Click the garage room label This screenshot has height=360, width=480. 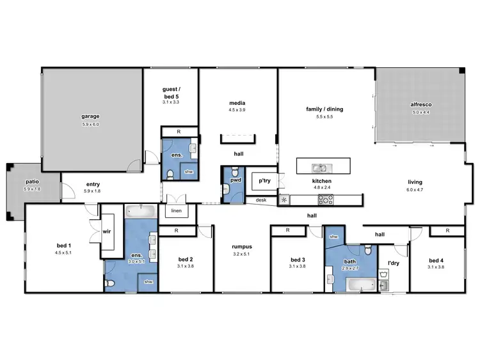[x=90, y=116]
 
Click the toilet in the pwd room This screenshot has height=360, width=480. [x=234, y=173]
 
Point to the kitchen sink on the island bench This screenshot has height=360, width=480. [x=318, y=168]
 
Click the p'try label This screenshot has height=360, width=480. [x=265, y=182]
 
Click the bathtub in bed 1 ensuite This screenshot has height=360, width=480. [x=140, y=210]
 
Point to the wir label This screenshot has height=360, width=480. [x=107, y=232]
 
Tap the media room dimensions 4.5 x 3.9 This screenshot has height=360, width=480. [x=237, y=110]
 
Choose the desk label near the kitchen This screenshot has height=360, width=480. [x=260, y=200]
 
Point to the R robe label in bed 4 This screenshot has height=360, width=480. [x=446, y=230]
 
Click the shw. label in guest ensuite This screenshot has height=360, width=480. [x=188, y=171]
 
